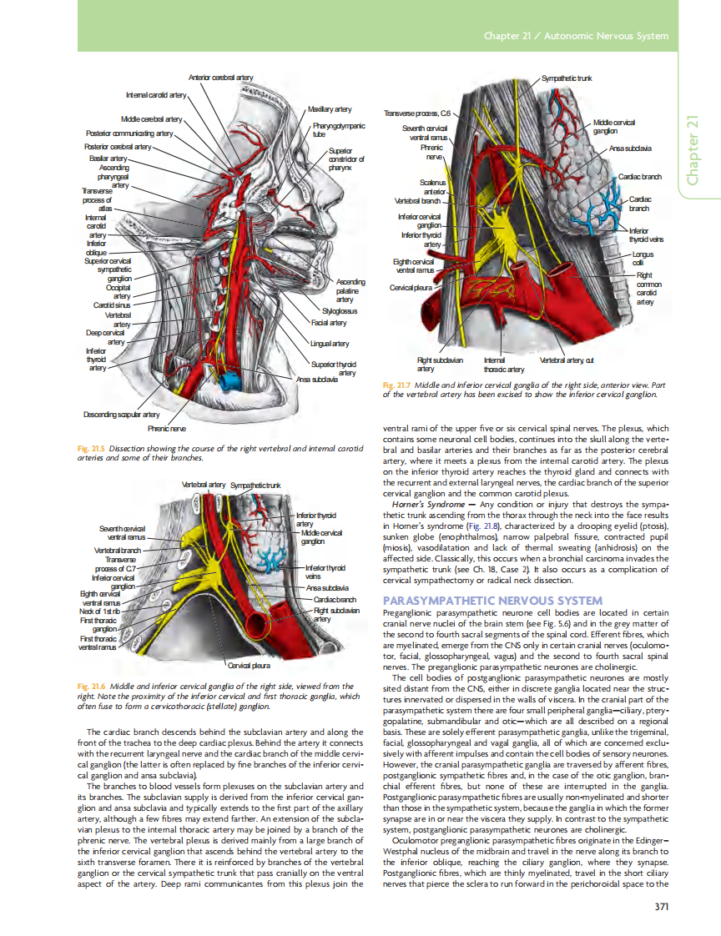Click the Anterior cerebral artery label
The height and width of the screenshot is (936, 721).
coord(221,78)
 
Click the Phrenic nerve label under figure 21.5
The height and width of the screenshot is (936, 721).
coord(167,428)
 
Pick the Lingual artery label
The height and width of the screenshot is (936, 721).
coord(329,343)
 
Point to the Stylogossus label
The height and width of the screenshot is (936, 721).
coord(340,311)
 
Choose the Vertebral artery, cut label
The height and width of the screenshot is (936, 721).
coord(567,360)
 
